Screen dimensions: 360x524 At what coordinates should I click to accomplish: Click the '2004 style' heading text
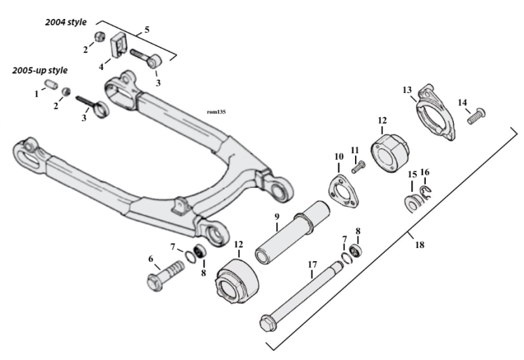(65, 22)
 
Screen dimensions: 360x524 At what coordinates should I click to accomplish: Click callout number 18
(419, 245)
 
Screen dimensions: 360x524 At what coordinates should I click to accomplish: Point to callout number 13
(407, 90)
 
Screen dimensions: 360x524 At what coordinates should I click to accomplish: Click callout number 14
(462, 102)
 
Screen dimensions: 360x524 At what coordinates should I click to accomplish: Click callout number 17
(312, 264)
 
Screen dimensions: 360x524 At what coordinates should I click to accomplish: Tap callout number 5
(146, 29)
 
